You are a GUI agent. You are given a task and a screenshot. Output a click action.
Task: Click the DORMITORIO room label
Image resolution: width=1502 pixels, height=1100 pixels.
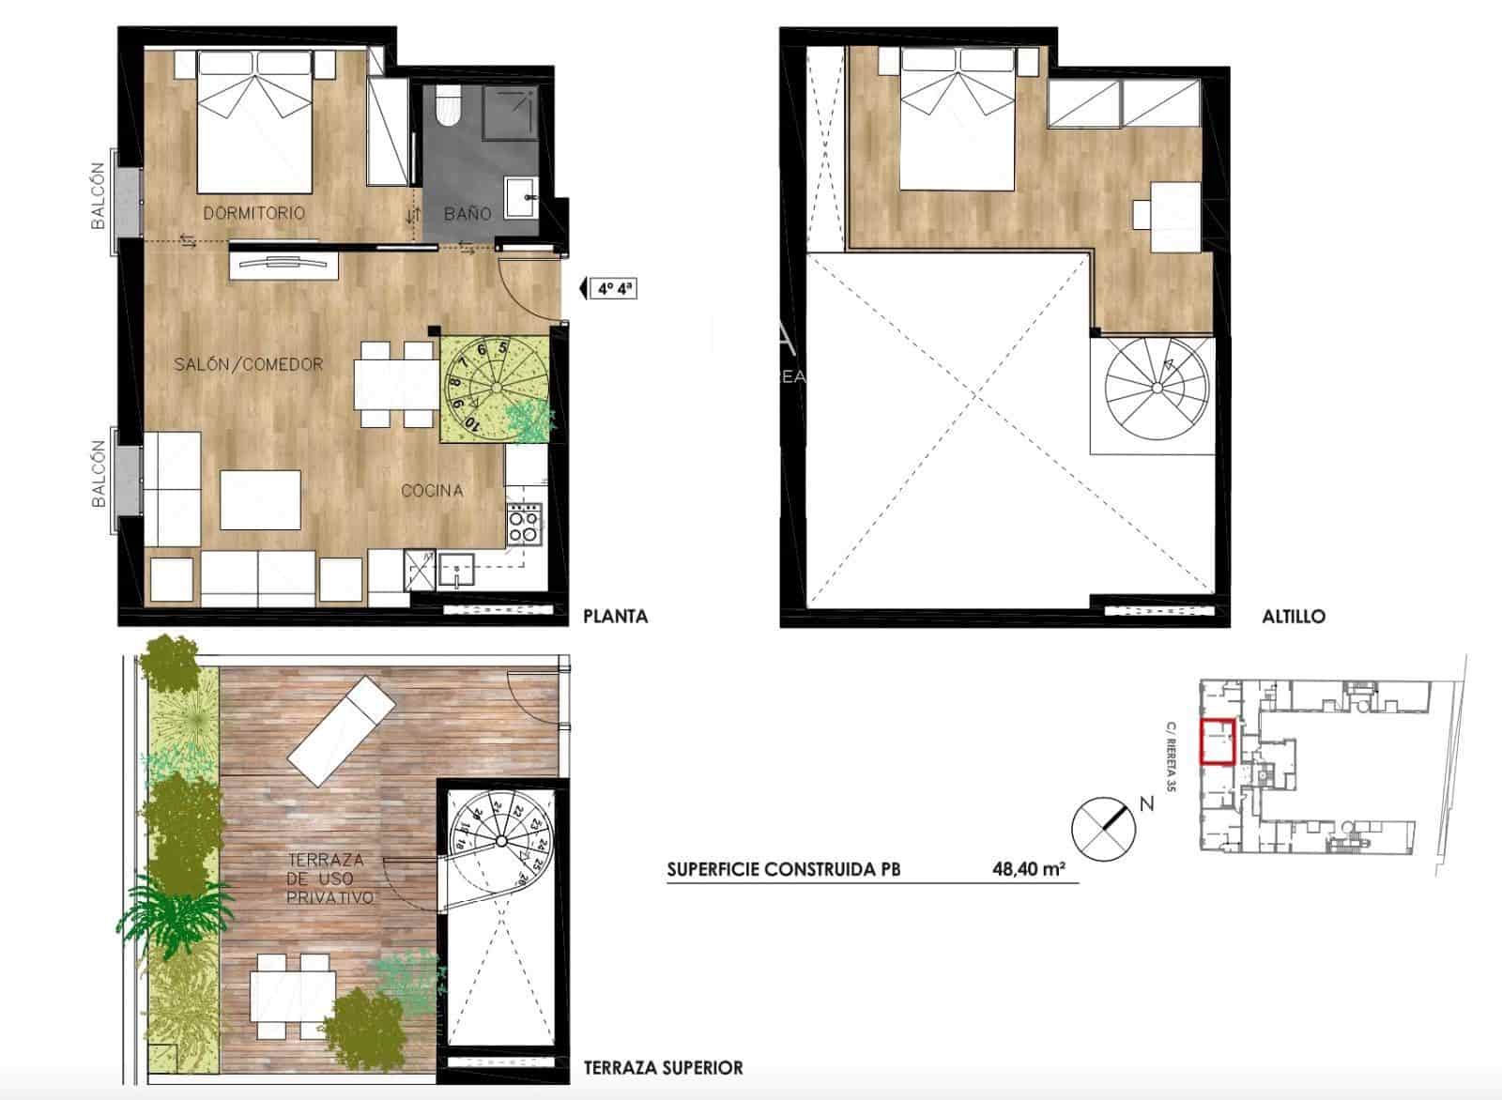253,213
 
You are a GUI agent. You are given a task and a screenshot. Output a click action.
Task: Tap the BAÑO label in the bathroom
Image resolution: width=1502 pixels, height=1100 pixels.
467,213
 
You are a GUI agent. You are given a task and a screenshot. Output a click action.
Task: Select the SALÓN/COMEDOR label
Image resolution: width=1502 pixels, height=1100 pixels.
249,364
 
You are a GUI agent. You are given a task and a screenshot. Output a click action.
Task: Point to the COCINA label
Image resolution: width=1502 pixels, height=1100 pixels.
432,490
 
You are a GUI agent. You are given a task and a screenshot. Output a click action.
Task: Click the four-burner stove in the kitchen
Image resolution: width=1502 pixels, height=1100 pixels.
524,525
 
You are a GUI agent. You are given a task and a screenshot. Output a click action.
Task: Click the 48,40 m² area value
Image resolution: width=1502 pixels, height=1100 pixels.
1028,869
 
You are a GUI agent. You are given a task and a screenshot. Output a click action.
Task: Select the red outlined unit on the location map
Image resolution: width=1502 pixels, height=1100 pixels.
1218,741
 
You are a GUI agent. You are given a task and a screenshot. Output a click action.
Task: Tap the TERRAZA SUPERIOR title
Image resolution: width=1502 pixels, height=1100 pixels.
663,1067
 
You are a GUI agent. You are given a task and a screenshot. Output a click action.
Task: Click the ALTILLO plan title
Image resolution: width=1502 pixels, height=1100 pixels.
1294,617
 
